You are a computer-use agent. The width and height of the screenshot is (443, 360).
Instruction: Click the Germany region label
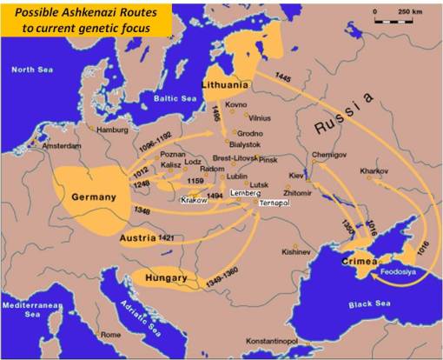point(94,197)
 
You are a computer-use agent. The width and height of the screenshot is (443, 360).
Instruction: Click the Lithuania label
point(227,86)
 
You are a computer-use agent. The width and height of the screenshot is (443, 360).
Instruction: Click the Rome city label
point(110,334)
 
